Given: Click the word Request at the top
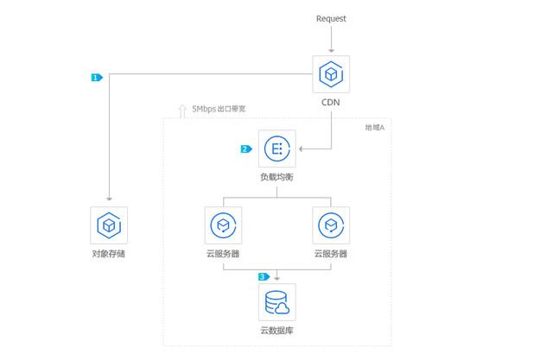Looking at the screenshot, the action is pos(331,19).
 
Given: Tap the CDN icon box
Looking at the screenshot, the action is pos(331,74).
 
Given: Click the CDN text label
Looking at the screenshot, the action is pos(330,103).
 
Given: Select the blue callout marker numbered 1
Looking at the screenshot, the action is pos(97,78).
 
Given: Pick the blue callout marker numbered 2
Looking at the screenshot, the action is pos(246,149).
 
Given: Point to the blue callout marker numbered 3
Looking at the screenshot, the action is pos(264,277).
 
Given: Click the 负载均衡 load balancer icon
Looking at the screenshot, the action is pos(276,148).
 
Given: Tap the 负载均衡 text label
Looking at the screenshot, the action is pos(276,177).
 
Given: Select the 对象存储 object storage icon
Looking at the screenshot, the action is pos(109,225).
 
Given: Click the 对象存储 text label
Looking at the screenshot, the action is pos(109,254).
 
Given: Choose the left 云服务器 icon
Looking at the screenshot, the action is pos(223,225).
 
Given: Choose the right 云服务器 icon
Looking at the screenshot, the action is pos(331,225).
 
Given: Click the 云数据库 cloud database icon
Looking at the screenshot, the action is pos(276,302).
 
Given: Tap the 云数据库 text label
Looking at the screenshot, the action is pos(276,331).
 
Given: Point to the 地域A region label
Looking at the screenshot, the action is pos(374,128).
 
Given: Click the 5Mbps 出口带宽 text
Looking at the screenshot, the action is pos(219,109).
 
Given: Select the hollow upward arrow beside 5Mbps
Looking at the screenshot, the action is pos(182,111).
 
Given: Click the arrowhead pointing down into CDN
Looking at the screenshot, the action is pos(331,51).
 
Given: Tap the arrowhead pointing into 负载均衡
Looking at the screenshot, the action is pos(301,149).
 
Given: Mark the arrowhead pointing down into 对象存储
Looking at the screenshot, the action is pos(110,199).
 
